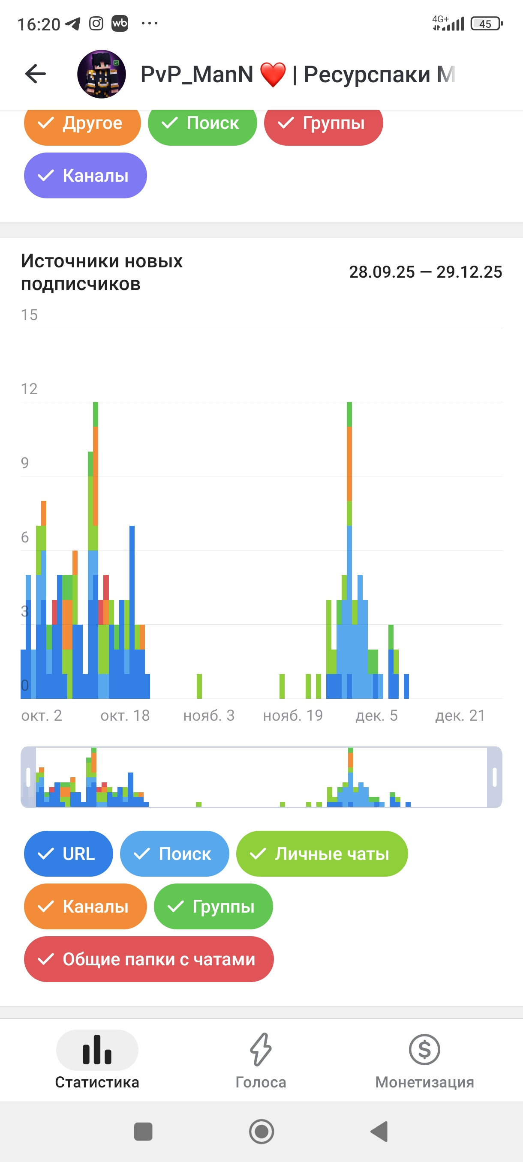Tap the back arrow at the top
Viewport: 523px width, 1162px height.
coord(36,74)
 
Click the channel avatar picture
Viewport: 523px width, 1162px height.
coord(101,74)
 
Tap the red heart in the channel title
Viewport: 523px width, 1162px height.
coord(273,75)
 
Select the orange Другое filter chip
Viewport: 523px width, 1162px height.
coord(82,123)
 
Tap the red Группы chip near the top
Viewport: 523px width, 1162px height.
coord(323,123)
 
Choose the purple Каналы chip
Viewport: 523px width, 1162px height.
coord(85,176)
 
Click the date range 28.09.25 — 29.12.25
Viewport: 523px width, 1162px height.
coord(425,272)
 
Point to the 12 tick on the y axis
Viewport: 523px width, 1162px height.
coord(29,389)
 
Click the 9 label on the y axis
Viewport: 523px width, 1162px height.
coord(25,463)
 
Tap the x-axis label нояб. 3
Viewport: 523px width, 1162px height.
coord(209,716)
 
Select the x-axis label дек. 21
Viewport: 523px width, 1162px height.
coord(460,716)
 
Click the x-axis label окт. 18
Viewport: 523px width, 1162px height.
coord(125,716)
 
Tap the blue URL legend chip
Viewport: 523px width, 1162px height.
coord(68,854)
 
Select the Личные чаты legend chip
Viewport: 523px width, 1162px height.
coord(322,854)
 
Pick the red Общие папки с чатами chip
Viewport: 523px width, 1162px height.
coord(148,959)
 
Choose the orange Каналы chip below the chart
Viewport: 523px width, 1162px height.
coord(85,906)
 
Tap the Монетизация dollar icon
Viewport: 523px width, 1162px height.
coord(424,1050)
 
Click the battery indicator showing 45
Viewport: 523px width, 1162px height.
coord(486,24)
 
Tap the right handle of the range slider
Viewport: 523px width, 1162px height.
coord(495,777)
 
